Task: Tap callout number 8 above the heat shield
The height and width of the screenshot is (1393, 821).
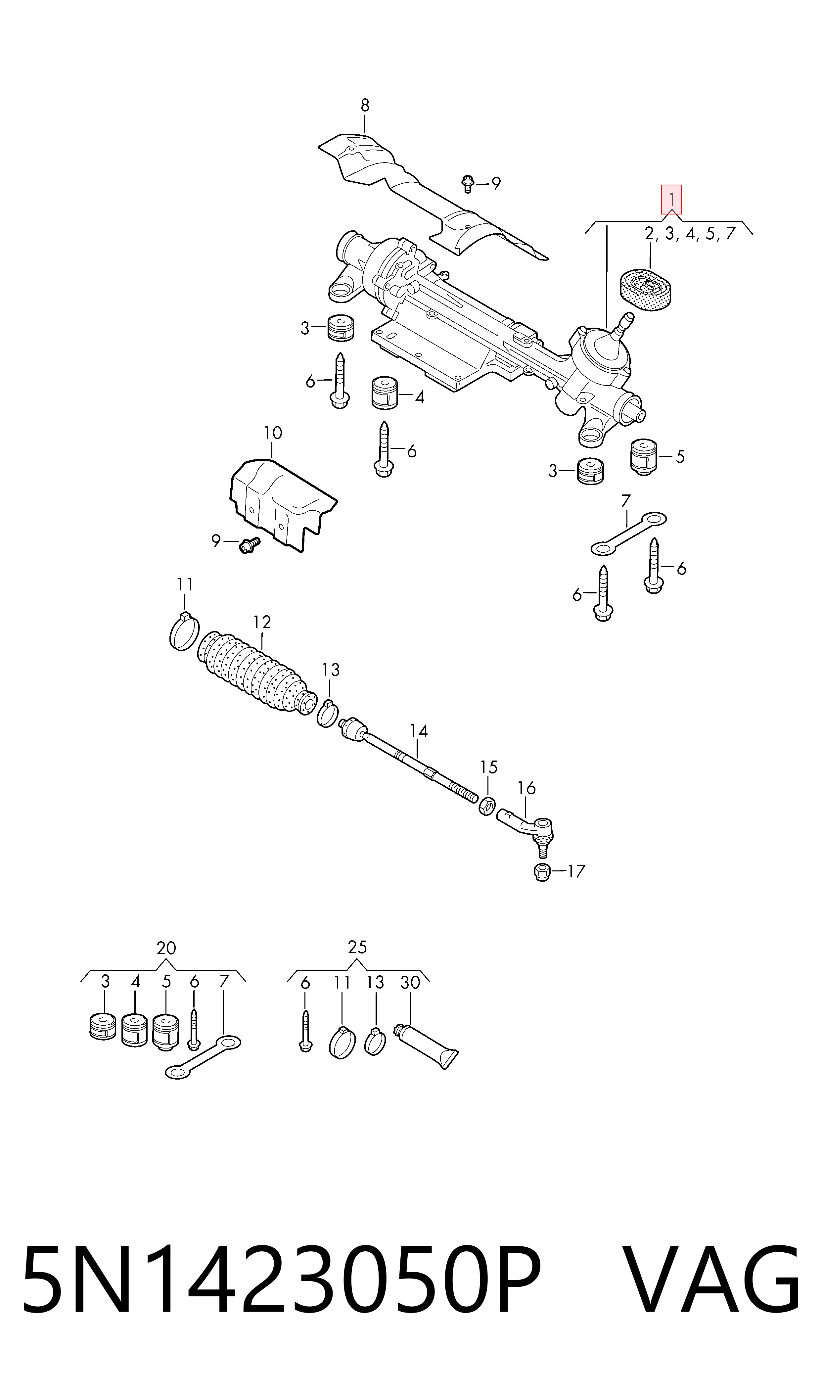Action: click(365, 105)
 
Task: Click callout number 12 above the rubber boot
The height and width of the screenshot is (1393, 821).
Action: click(262, 623)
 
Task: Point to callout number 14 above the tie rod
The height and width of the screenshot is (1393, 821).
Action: click(419, 731)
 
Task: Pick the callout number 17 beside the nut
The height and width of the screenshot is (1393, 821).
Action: click(576, 871)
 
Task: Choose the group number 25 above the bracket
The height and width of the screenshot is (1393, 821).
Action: click(357, 947)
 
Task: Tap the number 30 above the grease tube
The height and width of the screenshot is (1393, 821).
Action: click(410, 983)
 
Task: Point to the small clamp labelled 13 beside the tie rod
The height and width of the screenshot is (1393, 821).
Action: click(328, 714)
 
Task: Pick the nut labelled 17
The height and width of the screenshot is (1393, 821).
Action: click(542, 872)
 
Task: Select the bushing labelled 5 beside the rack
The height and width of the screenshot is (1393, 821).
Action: click(643, 457)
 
